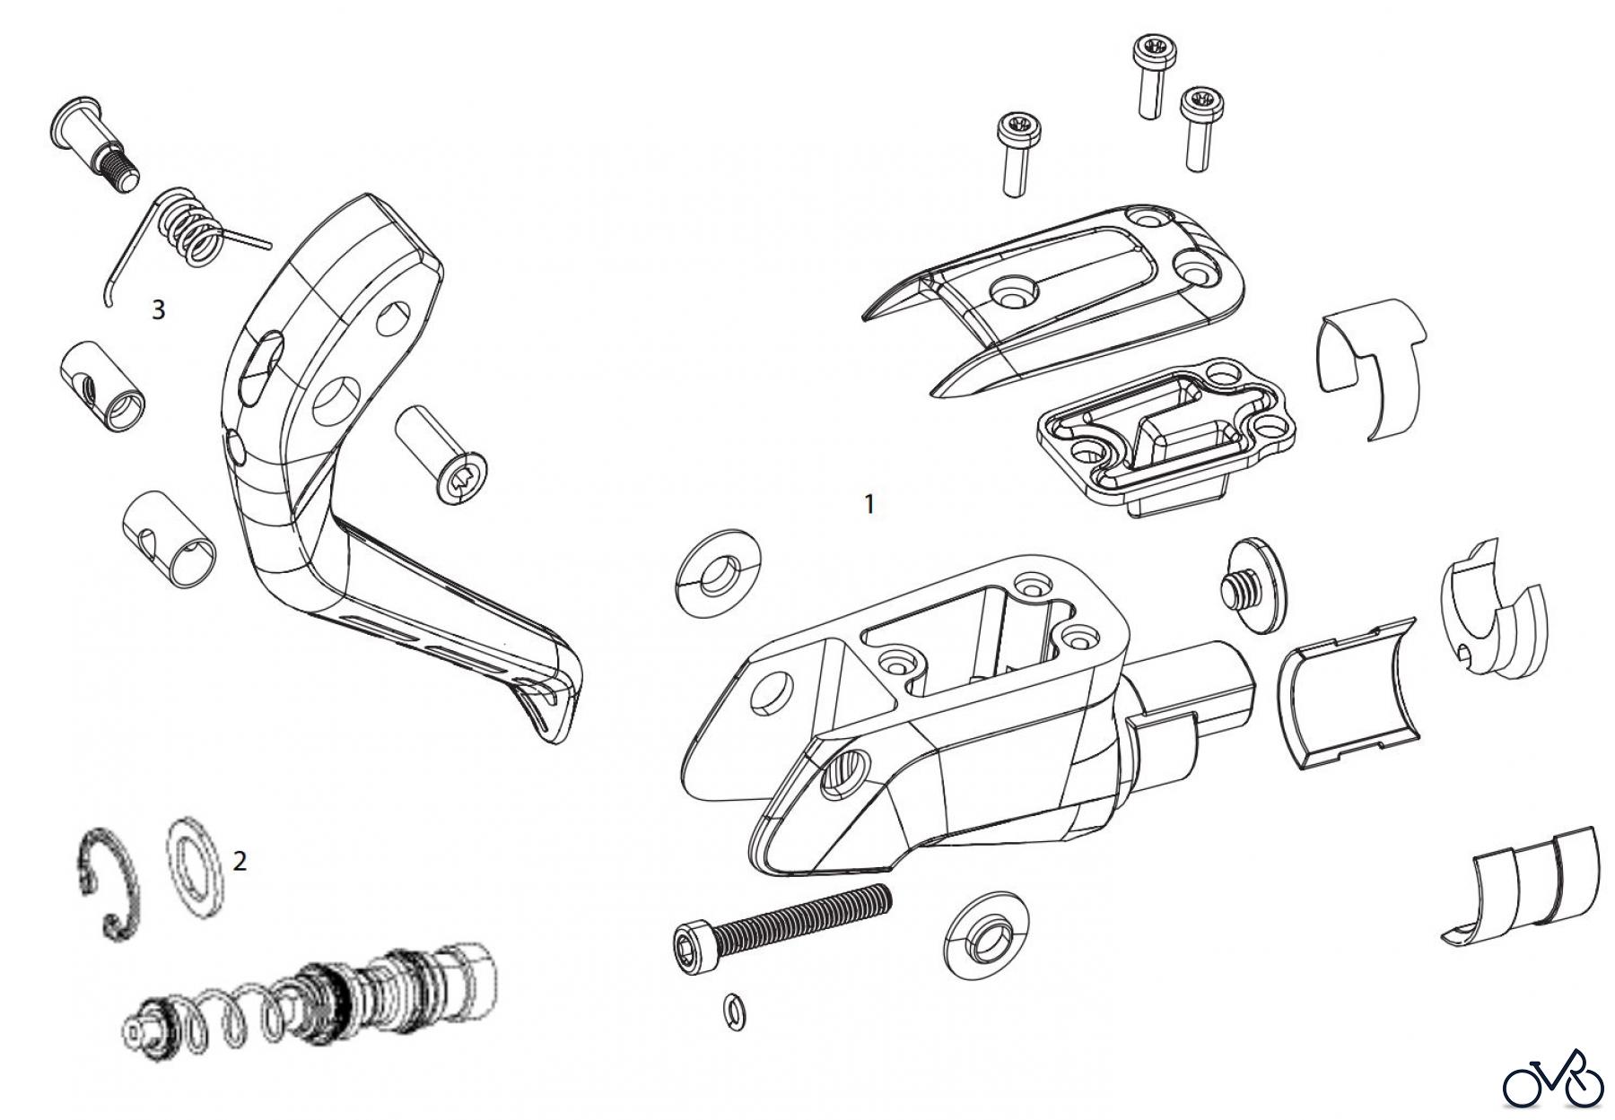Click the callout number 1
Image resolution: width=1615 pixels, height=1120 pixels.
(869, 505)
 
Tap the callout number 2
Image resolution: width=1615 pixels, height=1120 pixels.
(240, 862)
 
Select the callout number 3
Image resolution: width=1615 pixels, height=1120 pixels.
(159, 310)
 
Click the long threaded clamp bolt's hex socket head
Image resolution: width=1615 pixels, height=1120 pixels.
(691, 945)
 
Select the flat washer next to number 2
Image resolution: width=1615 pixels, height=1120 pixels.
(195, 867)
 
